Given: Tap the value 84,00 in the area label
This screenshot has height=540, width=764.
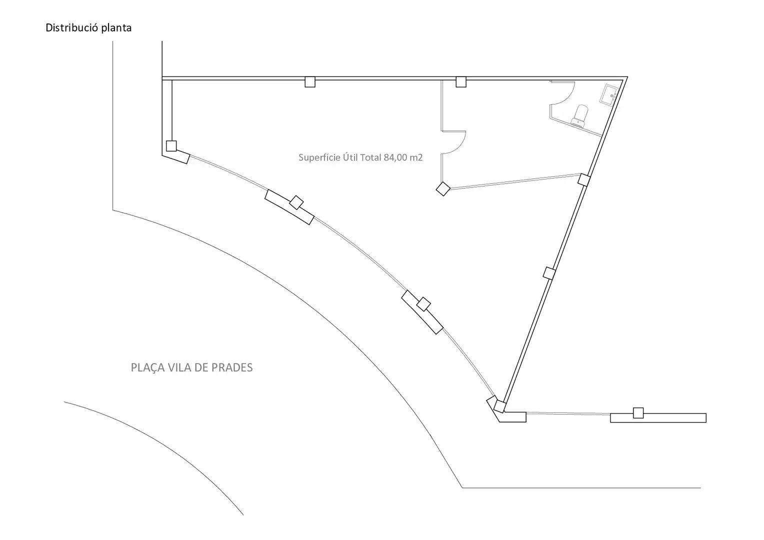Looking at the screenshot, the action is pyautogui.click(x=395, y=157).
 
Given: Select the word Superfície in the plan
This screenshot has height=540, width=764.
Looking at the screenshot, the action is pyautogui.click(x=319, y=157).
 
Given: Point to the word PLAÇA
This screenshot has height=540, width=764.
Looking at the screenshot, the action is pyautogui.click(x=147, y=367).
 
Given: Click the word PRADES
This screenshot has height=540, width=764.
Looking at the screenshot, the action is pyautogui.click(x=232, y=367).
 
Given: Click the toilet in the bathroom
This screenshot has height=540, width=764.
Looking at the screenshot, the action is pyautogui.click(x=580, y=116).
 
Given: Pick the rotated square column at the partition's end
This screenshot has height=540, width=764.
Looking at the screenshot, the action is pyautogui.click(x=443, y=189).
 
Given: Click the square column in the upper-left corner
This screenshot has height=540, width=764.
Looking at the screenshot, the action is pyautogui.click(x=171, y=146).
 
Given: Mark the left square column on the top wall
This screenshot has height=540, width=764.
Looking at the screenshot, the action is pyautogui.click(x=310, y=82).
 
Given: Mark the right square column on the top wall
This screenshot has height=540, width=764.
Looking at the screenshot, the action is pyautogui.click(x=461, y=82).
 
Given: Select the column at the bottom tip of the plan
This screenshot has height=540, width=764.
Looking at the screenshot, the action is pyautogui.click(x=499, y=406).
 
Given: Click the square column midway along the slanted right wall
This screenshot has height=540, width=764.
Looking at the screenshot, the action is pyautogui.click(x=549, y=273).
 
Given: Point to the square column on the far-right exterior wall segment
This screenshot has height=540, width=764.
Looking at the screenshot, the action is pyautogui.click(x=638, y=413).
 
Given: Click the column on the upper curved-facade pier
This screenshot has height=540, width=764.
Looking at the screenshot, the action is pyautogui.click(x=296, y=202).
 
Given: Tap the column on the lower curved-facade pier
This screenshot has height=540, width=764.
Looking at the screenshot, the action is pyautogui.click(x=423, y=304).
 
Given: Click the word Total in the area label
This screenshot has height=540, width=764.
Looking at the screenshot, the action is pyautogui.click(x=370, y=157).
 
